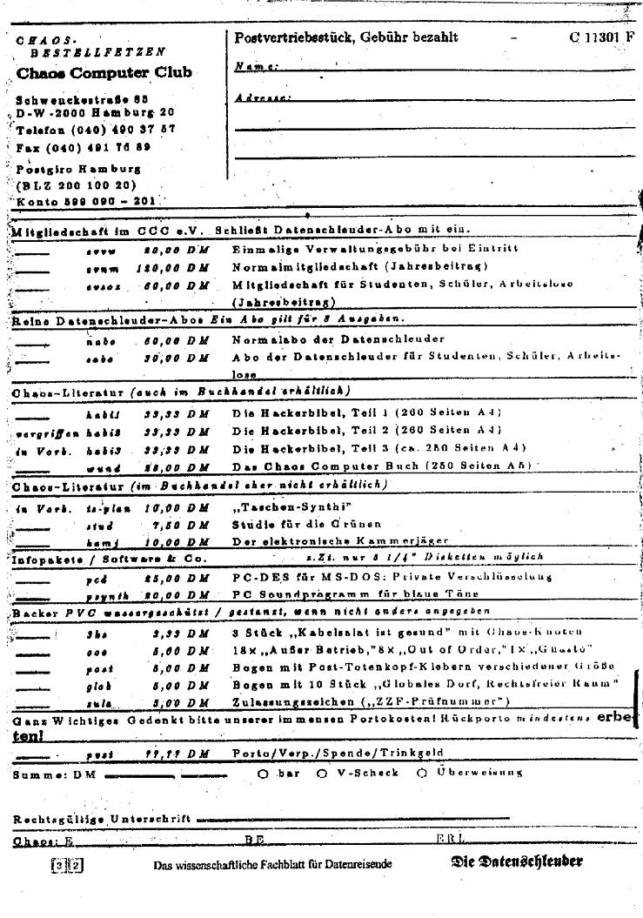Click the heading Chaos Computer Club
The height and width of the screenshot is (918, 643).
click(x=104, y=73)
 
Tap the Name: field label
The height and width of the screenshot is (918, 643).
click(x=256, y=67)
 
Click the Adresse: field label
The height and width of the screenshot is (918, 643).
click(x=262, y=98)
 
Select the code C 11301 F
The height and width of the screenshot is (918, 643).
click(x=603, y=37)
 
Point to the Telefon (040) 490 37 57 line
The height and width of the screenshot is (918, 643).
click(x=96, y=130)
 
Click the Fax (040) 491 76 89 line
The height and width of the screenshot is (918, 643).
click(x=83, y=148)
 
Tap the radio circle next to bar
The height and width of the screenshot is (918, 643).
click(x=262, y=773)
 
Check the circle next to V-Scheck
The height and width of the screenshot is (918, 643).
click(x=322, y=773)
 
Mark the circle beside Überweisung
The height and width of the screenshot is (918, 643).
click(x=422, y=773)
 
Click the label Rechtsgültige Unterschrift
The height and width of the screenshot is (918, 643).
click(x=102, y=820)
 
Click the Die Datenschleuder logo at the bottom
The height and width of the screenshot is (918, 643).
click(x=517, y=862)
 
